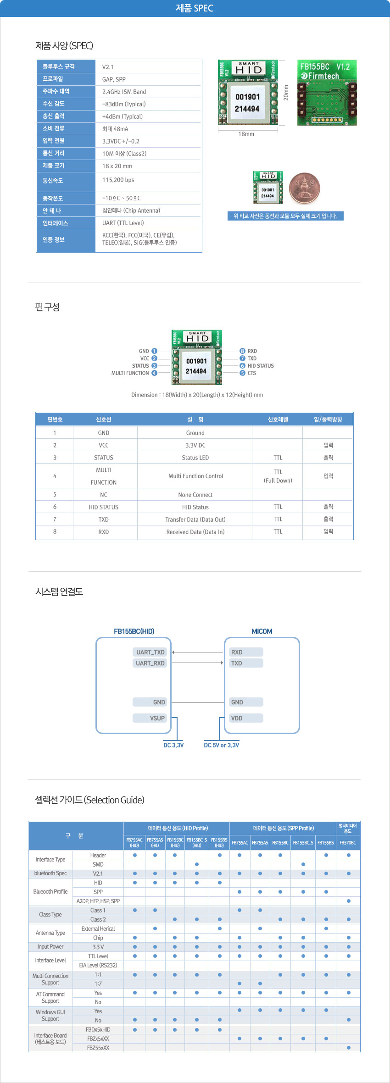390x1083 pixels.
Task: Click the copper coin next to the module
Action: (305, 188)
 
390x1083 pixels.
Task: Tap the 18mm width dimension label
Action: (246, 134)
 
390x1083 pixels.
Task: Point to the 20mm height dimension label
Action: (286, 92)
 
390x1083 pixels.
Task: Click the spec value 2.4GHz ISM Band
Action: (124, 92)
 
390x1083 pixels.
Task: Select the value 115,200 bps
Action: (118, 180)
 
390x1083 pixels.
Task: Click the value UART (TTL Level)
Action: (123, 223)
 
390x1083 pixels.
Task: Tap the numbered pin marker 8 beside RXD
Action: (242, 351)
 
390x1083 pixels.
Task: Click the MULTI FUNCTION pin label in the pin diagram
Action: (130, 373)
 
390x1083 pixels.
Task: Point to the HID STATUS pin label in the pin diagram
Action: (261, 366)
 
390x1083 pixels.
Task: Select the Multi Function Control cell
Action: (195, 476)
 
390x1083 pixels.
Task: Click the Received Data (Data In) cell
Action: (195, 532)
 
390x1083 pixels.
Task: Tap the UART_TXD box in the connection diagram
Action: (150, 652)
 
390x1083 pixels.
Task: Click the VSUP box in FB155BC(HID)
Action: (150, 718)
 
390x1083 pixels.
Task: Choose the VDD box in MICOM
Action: (246, 718)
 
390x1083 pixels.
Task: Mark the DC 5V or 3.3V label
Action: (222, 745)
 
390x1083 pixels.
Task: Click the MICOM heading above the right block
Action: (262, 631)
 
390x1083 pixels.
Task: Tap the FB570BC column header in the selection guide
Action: (348, 843)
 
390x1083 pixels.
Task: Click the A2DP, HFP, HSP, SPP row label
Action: (98, 901)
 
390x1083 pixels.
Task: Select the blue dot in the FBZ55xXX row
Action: (349, 1048)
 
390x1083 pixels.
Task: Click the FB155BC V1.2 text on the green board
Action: (325, 66)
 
